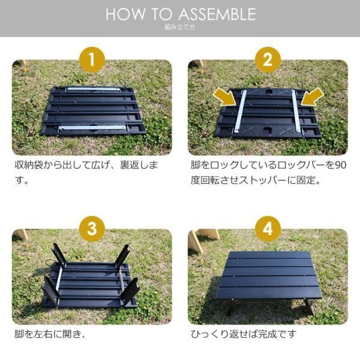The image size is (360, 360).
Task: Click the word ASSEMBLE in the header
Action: pos(217,14)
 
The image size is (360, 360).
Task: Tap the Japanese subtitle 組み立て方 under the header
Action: pos(180,28)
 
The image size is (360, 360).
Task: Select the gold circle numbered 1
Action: pos(92,60)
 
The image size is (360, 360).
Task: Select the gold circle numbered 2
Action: pos(268,60)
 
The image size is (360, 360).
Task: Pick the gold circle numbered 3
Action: pos(92,229)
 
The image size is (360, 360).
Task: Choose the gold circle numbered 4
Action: pos(268,229)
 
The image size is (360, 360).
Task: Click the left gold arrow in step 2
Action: pos(225,97)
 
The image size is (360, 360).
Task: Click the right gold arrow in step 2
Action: pos(312,97)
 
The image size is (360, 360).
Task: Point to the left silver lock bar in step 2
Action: pos(240,112)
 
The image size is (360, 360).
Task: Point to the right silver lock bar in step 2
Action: pos(296,111)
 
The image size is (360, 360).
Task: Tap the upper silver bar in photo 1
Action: pos(93,89)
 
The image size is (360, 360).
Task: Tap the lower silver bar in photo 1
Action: pos(92,128)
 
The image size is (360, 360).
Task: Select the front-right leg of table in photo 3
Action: pos(130,292)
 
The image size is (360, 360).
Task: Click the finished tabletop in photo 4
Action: pos(269,275)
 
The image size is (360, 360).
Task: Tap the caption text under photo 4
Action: pos(244,334)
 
